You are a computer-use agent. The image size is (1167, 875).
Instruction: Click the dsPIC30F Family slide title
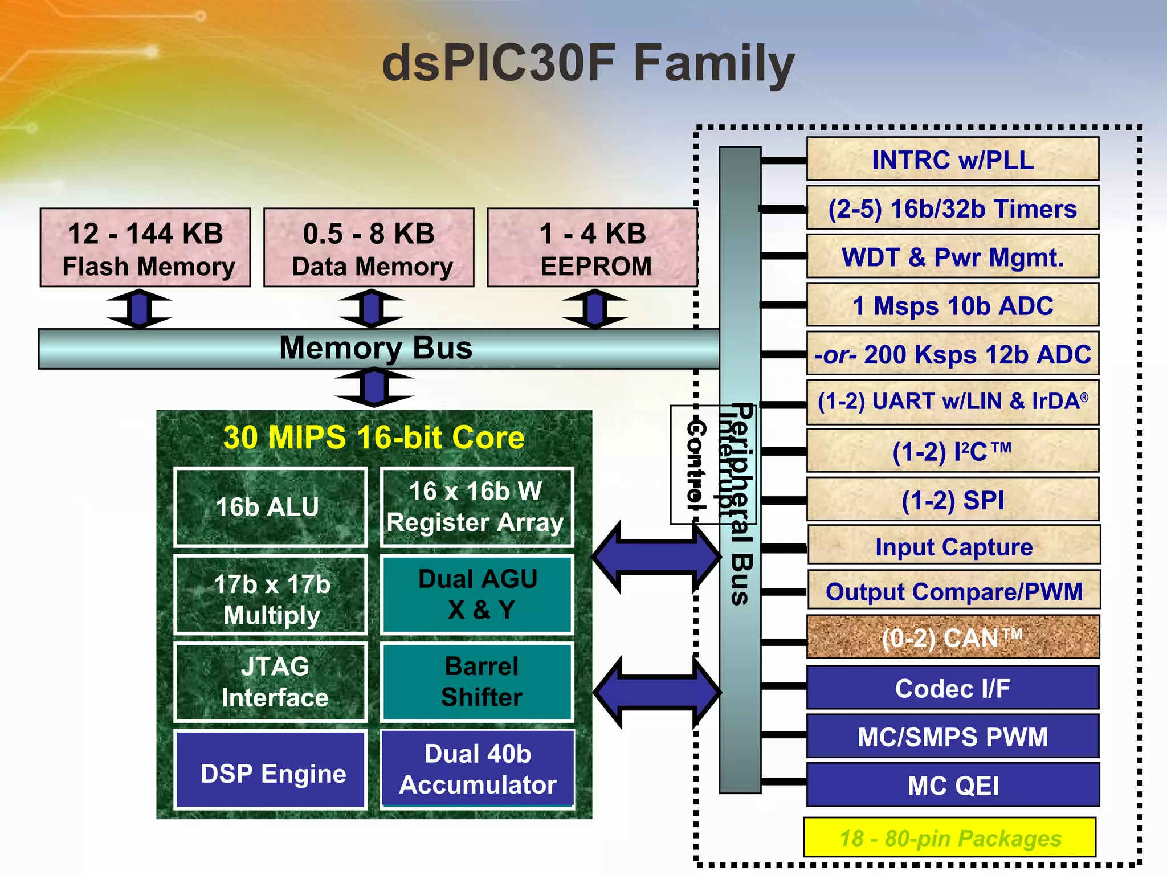tap(588, 64)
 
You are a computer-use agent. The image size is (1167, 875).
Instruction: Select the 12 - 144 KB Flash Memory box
tap(145, 248)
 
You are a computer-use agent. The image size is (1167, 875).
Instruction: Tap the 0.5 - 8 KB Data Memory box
tap(369, 248)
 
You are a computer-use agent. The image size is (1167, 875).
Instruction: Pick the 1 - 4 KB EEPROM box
tap(593, 248)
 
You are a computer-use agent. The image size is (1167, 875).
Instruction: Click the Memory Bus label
tap(376, 347)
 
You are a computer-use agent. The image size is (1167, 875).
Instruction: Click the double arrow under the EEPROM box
tap(595, 308)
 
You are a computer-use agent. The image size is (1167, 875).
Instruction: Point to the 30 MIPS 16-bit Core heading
tap(374, 437)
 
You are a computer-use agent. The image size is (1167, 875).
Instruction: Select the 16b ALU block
tap(270, 506)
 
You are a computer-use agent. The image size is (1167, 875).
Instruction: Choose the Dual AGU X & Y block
tap(478, 594)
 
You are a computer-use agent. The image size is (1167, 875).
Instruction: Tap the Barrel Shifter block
tap(478, 682)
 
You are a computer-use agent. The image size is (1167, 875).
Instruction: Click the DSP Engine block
tap(270, 770)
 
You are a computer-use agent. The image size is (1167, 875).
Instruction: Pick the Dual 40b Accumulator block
tap(478, 769)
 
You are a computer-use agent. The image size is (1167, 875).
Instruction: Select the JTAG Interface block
tap(270, 682)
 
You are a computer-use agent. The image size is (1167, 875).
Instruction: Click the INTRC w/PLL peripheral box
tap(953, 160)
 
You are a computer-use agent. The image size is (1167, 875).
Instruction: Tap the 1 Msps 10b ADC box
tap(953, 305)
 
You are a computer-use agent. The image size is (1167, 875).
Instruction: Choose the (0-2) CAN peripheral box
tap(953, 637)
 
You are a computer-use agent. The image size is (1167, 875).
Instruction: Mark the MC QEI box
tap(953, 785)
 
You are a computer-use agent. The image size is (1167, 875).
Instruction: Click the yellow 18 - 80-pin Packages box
tap(950, 837)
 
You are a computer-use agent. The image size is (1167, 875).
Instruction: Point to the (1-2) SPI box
tap(953, 500)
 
